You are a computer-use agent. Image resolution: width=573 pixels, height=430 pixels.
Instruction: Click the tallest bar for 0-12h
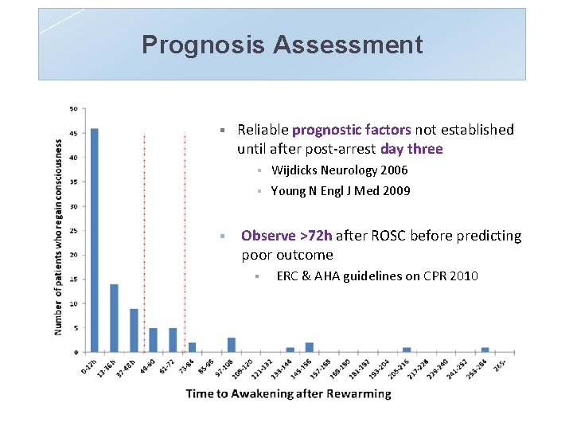click(x=95, y=239)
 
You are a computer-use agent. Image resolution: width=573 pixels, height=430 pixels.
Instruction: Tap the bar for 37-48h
click(x=134, y=330)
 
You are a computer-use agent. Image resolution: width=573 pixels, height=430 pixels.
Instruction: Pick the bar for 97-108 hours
click(x=231, y=345)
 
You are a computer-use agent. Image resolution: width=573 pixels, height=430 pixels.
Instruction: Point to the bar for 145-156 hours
click(x=310, y=347)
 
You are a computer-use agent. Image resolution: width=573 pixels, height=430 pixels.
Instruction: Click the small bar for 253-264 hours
click(x=485, y=350)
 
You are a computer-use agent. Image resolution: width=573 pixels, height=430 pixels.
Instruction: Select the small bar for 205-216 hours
click(x=407, y=350)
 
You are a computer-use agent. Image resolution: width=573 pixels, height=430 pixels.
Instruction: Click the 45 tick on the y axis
click(x=74, y=133)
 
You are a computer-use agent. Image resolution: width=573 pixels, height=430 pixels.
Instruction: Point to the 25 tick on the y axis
click(x=74, y=231)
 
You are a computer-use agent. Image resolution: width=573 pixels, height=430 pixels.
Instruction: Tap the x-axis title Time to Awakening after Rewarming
click(x=288, y=393)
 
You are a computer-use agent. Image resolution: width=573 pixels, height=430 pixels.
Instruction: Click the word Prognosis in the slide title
click(x=203, y=45)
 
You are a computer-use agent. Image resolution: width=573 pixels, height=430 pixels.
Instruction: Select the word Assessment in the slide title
click(x=348, y=45)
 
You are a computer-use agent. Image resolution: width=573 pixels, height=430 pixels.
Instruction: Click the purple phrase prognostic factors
click(x=352, y=130)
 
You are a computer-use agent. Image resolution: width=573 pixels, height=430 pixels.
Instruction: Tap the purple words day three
click(x=411, y=149)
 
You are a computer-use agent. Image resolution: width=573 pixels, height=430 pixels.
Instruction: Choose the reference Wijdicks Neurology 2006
click(x=339, y=170)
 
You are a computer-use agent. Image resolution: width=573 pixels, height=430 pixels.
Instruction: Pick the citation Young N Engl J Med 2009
click(x=341, y=191)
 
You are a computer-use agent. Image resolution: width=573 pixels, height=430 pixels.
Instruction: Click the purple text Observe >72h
click(x=288, y=236)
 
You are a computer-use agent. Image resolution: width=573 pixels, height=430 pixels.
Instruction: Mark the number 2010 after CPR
click(x=463, y=276)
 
